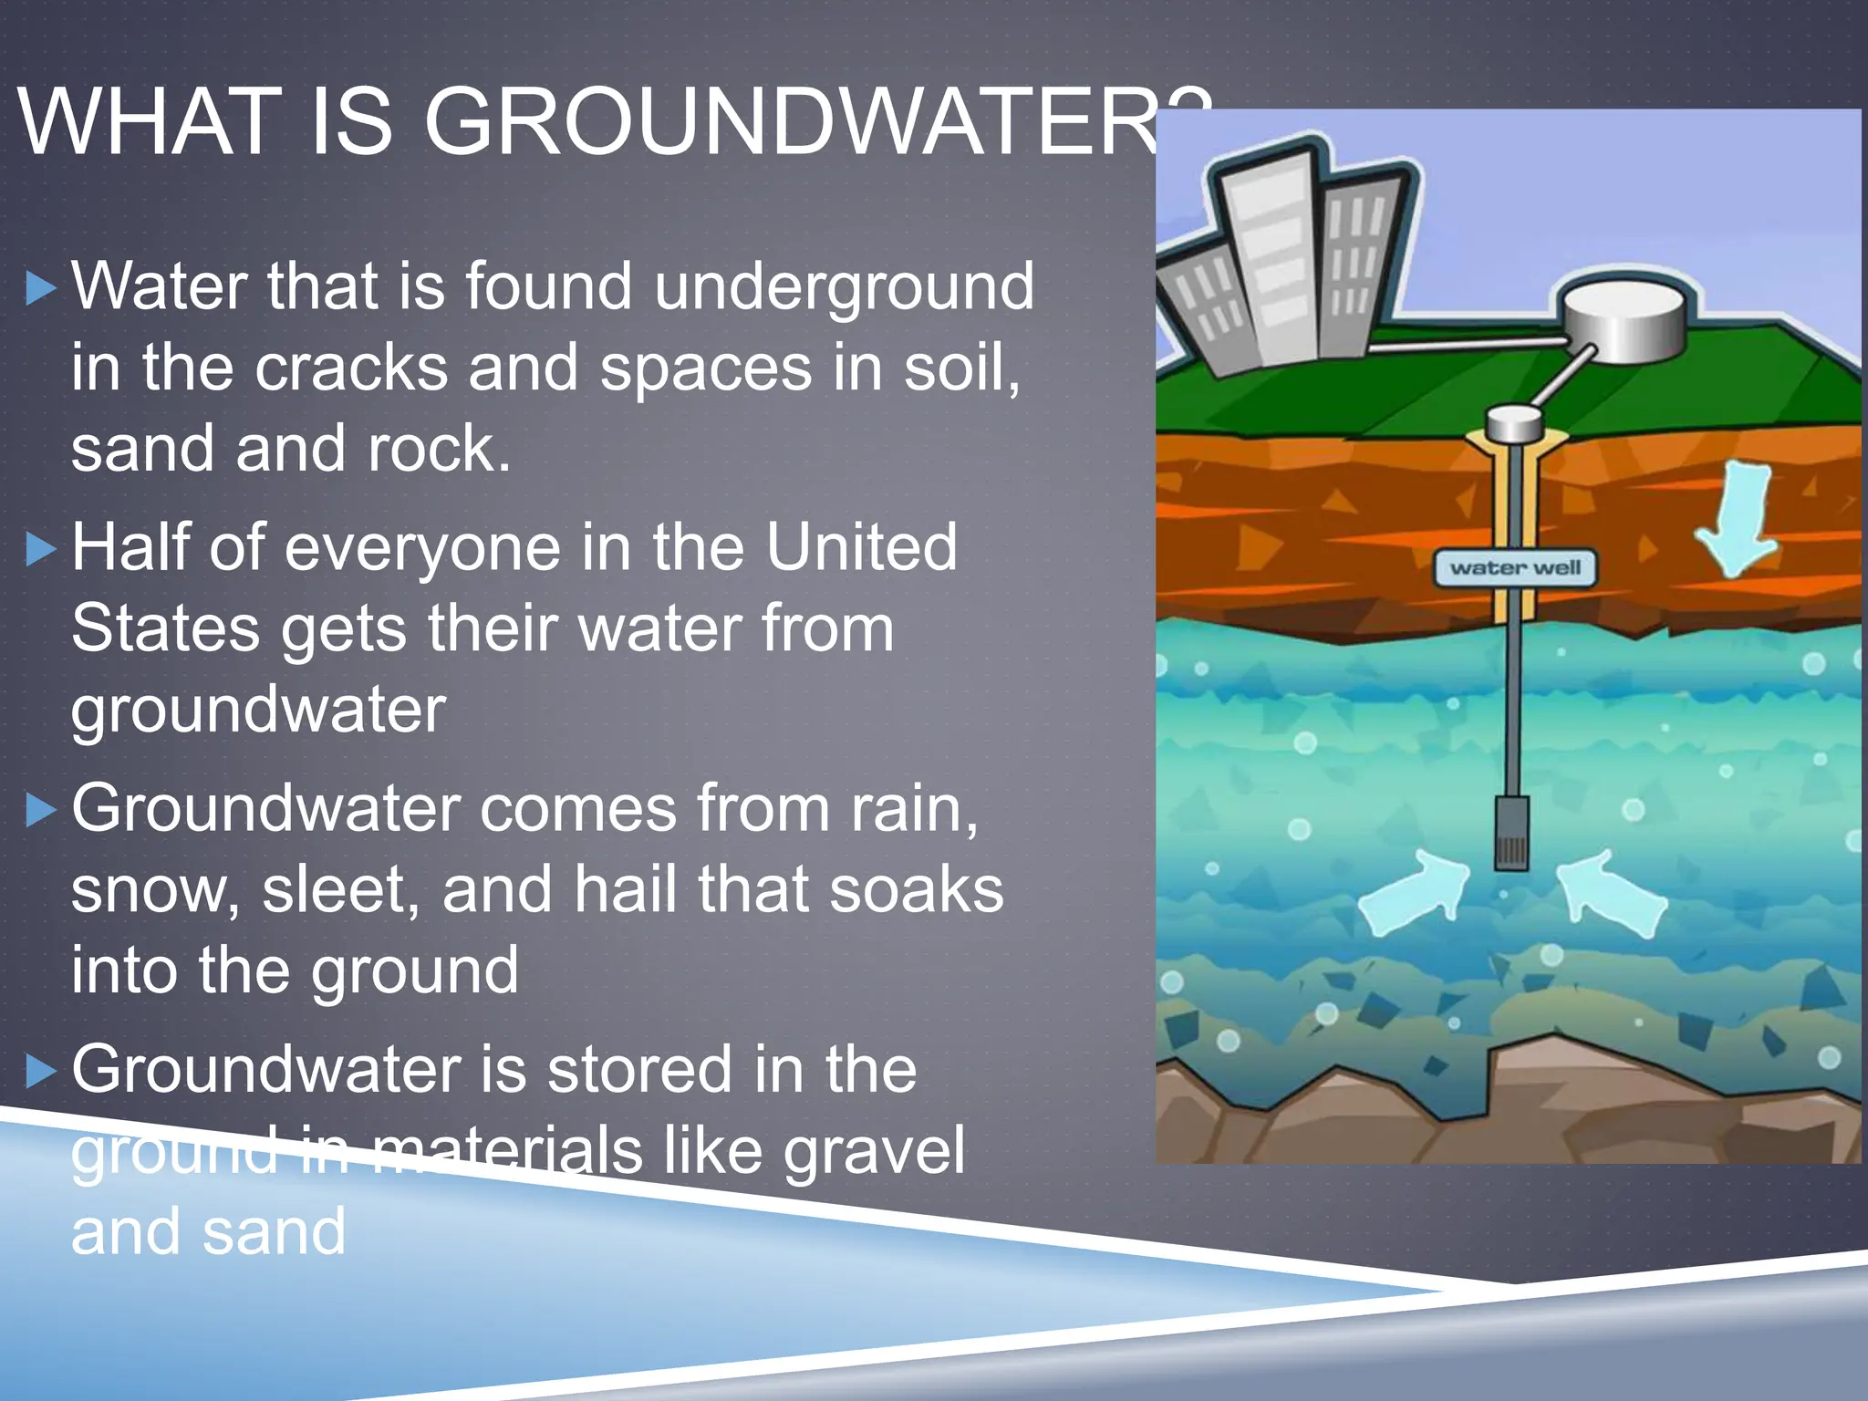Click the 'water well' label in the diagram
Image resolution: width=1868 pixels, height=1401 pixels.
click(1515, 568)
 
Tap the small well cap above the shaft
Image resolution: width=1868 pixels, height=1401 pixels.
click(1514, 423)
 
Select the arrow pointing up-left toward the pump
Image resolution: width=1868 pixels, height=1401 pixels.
click(1609, 893)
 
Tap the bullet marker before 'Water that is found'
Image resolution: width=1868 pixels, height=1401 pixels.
click(41, 289)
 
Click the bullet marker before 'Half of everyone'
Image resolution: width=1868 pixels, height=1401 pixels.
click(41, 550)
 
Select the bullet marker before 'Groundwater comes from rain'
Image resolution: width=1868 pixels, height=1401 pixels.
click(41, 810)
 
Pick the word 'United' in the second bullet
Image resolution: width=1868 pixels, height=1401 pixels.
click(861, 547)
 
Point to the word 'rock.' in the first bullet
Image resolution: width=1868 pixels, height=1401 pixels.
click(439, 449)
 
